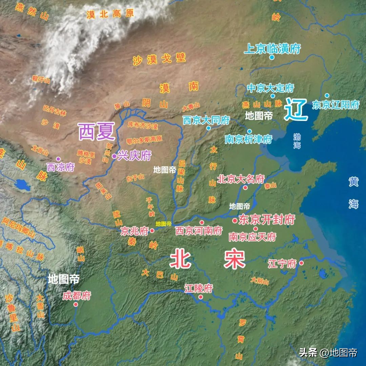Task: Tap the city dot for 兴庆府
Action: (x=115, y=156)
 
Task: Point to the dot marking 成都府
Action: (x=76, y=304)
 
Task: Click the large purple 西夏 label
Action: (x=97, y=132)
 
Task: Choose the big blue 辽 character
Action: (x=296, y=109)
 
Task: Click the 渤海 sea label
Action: (x=297, y=141)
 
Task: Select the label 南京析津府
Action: (x=248, y=139)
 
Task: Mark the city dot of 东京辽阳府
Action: (x=327, y=96)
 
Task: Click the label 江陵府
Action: (x=199, y=288)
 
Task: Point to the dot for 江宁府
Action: (x=301, y=263)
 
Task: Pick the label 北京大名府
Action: (x=241, y=179)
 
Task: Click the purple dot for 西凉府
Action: (x=58, y=159)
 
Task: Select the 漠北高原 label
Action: (x=110, y=14)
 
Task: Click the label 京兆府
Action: (x=135, y=231)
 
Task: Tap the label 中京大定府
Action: (x=270, y=88)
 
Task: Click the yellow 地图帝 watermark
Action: (x=164, y=224)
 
